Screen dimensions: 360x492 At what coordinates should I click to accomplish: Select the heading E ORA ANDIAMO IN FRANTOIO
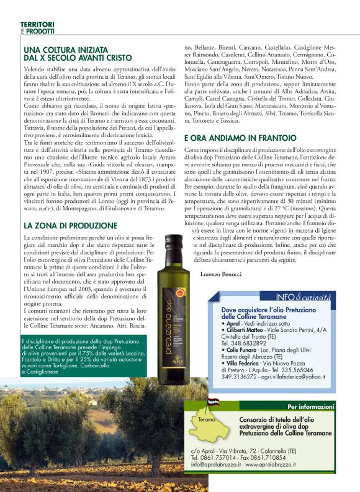click(x=240, y=138)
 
